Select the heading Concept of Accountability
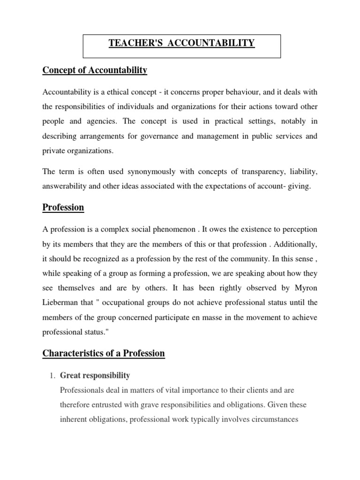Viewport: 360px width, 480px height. point(95,70)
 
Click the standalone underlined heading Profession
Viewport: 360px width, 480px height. point(63,207)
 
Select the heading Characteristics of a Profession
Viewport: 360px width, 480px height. point(104,353)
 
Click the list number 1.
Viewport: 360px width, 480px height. point(53,375)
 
